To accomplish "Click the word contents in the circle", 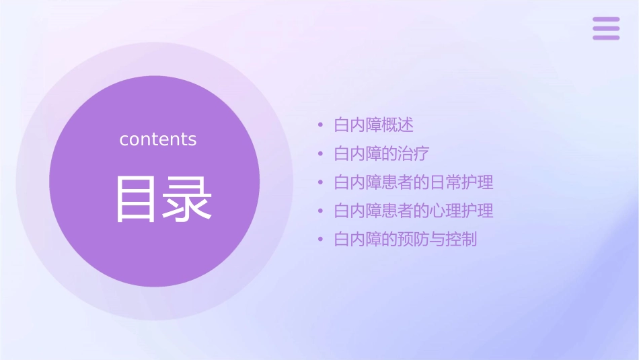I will (x=158, y=139).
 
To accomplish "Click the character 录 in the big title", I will (x=185, y=199).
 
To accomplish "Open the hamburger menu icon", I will (x=606, y=28).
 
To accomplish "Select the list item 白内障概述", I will (x=374, y=125).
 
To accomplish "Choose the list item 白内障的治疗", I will (x=381, y=153).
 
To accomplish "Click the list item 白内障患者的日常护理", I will (x=414, y=182).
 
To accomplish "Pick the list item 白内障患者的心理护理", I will (x=414, y=211).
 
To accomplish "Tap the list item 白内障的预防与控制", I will (x=406, y=239).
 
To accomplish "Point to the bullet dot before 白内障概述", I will (x=321, y=125).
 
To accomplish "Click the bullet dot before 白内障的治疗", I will (x=321, y=154).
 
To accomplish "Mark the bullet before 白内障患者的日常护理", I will (x=321, y=182).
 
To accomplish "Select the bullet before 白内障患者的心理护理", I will (x=321, y=211).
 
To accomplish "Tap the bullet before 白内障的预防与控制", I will (x=321, y=240).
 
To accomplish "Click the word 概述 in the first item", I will (x=398, y=125).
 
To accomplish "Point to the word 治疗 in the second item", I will (x=414, y=153).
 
